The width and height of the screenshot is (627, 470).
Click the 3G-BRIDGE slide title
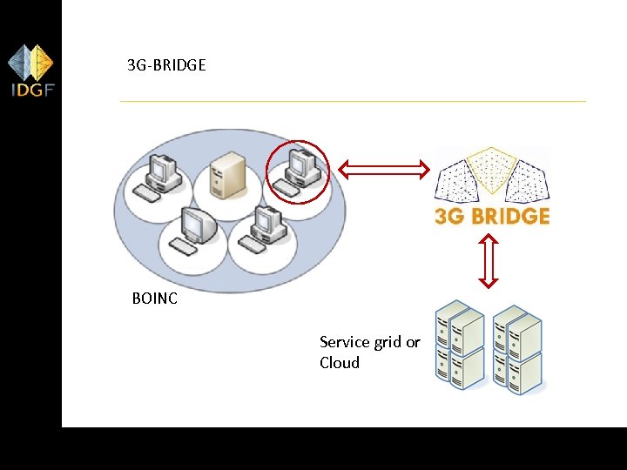pos(166,64)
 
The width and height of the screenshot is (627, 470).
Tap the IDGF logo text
pos(31,90)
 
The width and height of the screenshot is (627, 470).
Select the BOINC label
pos(155,299)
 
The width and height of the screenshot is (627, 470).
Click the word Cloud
pos(340,363)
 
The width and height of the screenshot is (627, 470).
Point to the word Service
pos(347,342)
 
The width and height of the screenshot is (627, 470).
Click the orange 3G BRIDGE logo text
pos(492,216)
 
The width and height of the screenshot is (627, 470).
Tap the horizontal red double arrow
pos(385,168)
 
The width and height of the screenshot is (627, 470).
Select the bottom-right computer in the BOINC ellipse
pos(264,231)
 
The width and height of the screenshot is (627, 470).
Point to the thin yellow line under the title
pos(353,101)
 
